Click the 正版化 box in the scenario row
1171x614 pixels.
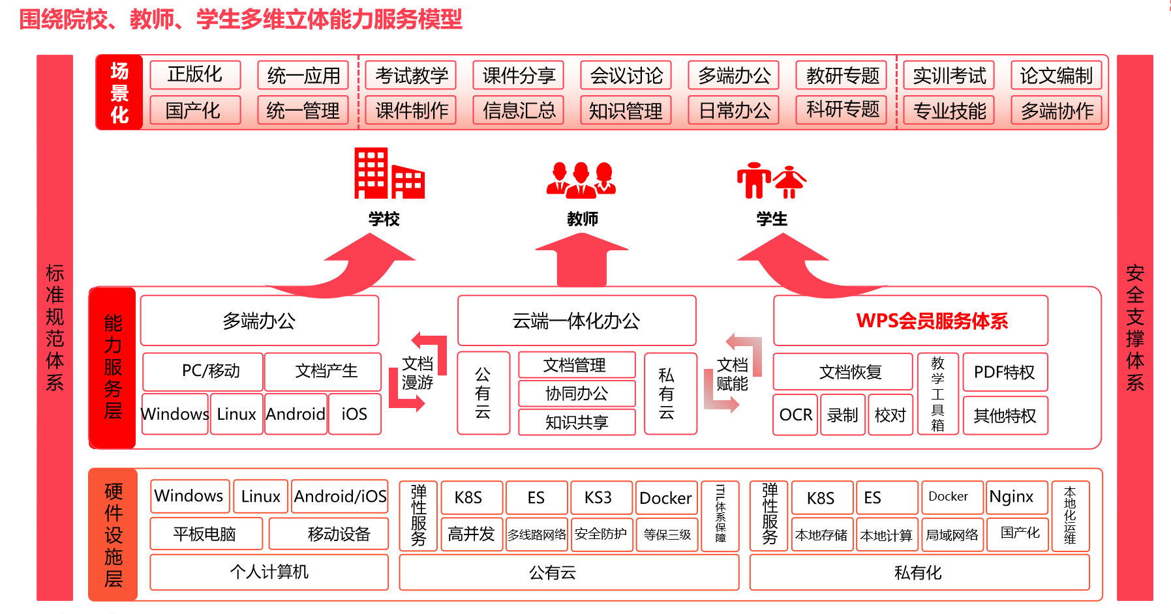(195, 75)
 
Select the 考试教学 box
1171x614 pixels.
(411, 75)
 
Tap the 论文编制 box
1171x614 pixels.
(1056, 75)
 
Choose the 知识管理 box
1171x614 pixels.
(626, 111)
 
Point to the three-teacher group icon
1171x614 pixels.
(581, 180)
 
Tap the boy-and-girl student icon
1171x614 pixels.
(771, 180)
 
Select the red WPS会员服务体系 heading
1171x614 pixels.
(932, 321)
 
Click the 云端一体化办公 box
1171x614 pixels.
(577, 321)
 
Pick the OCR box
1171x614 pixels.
(795, 415)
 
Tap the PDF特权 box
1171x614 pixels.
(1005, 372)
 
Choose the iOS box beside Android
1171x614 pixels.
(354, 414)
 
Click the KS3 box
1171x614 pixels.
(598, 498)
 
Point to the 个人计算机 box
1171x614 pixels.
(269, 572)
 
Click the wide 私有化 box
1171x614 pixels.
(919, 572)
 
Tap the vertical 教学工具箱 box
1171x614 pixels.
(937, 394)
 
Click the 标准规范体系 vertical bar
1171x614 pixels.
(55, 327)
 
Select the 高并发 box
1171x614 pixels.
(471, 534)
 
